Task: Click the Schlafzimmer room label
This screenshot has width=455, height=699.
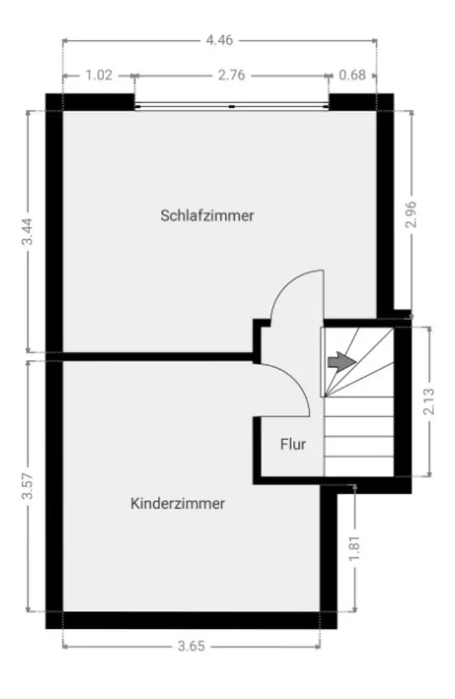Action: pos(207,215)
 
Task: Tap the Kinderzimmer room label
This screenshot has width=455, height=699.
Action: pos(178,503)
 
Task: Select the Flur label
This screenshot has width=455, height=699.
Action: pos(293,443)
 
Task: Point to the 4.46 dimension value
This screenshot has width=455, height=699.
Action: pos(219,40)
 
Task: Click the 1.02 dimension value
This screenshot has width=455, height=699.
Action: pos(99,75)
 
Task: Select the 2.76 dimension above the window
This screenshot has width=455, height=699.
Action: pos(231,75)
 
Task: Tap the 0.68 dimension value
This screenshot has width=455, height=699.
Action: pos(352,75)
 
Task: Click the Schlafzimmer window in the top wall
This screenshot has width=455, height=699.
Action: pos(231,106)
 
